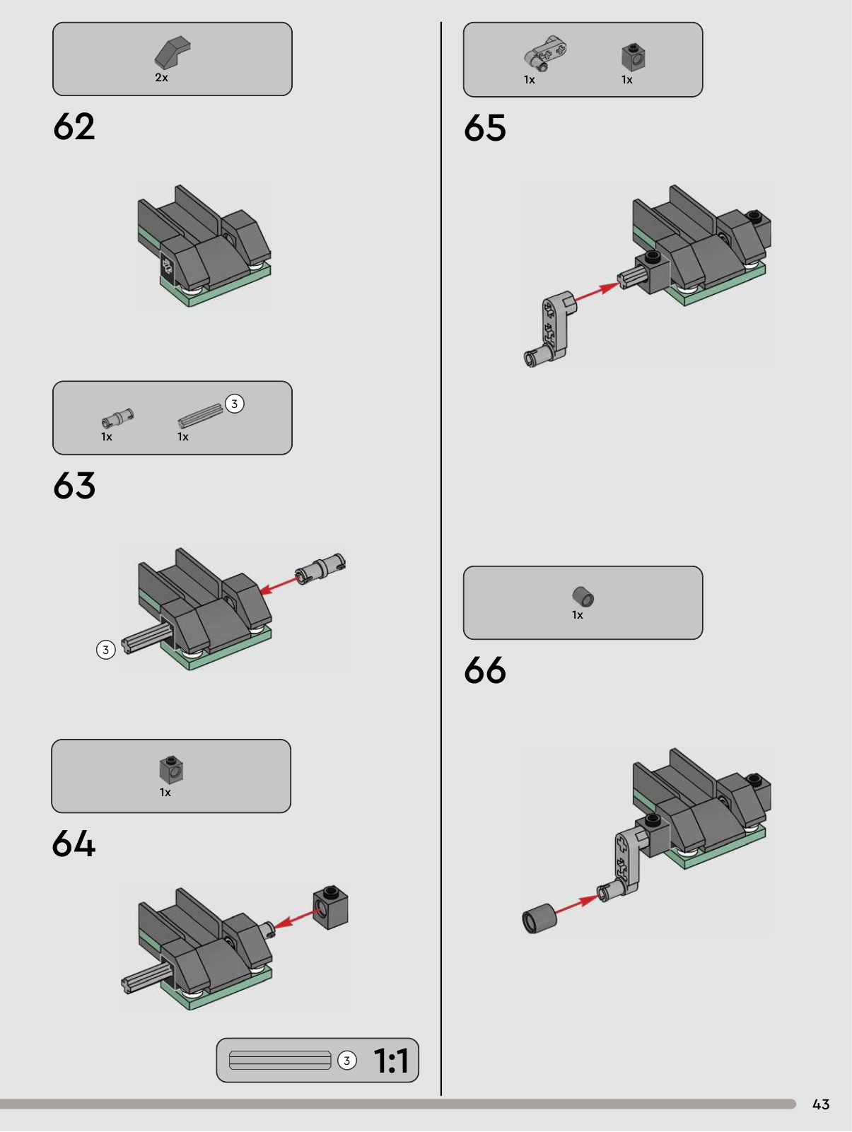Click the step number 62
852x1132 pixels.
point(74,127)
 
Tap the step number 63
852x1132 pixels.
point(74,486)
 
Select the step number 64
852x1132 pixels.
point(74,844)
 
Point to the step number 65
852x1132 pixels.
point(485,128)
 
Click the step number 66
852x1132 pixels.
point(485,670)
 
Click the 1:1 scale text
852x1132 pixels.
point(392,1061)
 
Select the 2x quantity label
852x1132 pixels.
point(161,77)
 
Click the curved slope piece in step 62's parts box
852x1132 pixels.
point(173,52)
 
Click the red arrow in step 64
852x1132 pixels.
point(294,919)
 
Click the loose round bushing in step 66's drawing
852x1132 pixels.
point(539,918)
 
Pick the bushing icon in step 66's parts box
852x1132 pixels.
point(583,597)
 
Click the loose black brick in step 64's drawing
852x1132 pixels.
point(331,907)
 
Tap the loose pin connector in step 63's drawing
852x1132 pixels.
point(320,569)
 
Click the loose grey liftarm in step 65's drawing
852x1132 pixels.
point(551,329)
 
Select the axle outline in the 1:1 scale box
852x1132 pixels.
point(280,1060)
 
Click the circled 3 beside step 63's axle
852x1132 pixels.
point(106,650)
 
